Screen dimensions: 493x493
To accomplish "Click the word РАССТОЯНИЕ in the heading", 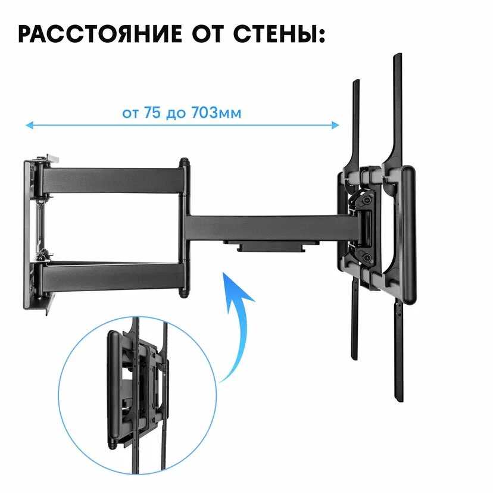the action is pos(100,34).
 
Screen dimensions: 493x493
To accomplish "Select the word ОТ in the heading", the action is pos(208,34).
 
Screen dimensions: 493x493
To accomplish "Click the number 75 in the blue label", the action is pos(152,113).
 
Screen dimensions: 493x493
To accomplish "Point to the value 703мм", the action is pos(216,113).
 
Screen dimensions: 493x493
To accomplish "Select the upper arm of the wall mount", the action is pos(113,181).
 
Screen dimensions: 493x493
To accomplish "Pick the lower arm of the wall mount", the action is pos(113,277).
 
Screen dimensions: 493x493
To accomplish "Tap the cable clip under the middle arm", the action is pos(271,246).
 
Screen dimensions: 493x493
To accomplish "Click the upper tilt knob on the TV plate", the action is pos(366,200).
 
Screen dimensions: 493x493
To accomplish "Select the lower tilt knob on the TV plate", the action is pos(367,258).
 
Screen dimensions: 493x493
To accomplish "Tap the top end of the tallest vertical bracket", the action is pos(397,55).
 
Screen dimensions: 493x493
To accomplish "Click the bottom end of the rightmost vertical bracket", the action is pos(400,400).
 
